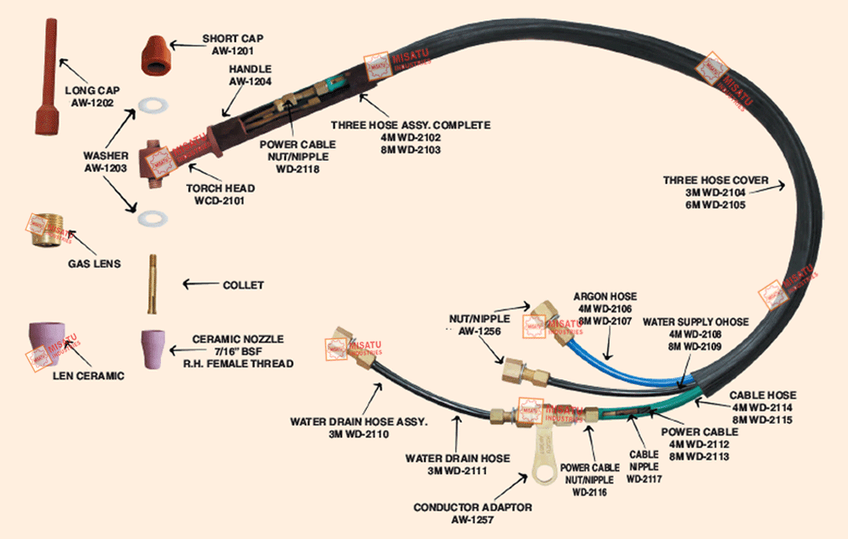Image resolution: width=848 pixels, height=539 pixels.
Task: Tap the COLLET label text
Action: coord(243,285)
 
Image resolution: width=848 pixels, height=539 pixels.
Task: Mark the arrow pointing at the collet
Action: coord(196,284)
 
